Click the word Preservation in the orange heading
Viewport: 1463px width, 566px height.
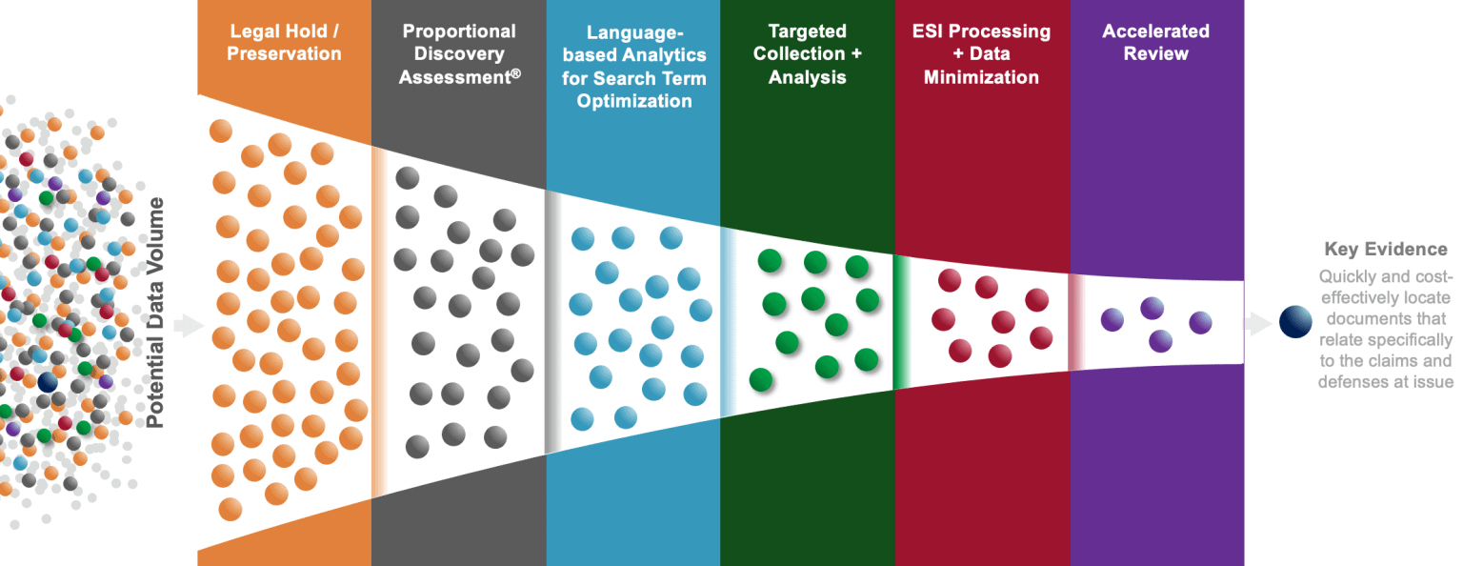(284, 54)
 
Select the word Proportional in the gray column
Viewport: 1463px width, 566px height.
(459, 31)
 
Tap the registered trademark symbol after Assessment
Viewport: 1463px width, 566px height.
(515, 72)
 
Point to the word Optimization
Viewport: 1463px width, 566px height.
(633, 101)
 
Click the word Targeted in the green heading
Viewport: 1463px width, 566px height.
(807, 31)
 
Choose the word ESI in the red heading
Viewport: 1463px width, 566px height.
(927, 31)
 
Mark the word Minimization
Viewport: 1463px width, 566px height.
(981, 77)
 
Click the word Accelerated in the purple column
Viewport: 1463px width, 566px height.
(1155, 31)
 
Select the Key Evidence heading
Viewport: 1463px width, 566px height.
(1385, 250)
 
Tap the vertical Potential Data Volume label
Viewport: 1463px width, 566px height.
(154, 312)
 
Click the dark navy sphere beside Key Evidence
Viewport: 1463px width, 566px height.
(1295, 322)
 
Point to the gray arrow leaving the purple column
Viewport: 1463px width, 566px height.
(1259, 324)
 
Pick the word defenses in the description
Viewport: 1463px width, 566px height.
(1352, 382)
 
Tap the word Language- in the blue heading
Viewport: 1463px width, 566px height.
(633, 32)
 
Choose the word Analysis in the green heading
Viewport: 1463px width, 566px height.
(807, 77)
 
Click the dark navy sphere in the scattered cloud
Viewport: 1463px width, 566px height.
(48, 382)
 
